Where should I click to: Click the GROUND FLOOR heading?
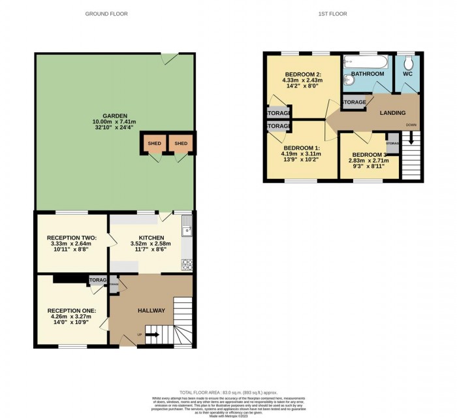pos(106,14)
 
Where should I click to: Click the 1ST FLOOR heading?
pos(333,14)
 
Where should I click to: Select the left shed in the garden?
pos(154,144)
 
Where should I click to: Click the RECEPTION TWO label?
pos(72,238)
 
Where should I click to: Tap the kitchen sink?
pos(187,229)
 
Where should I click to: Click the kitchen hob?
pos(186,265)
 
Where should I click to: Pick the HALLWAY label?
pos(151,310)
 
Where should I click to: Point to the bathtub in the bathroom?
pos(366,62)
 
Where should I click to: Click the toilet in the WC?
pos(408,63)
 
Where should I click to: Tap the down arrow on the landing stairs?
pos(411,137)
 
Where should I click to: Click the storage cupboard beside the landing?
pos(355,103)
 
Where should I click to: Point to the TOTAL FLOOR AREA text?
pos(228,390)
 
